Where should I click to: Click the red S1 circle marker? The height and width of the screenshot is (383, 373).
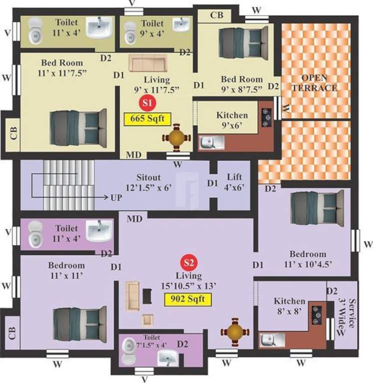click(147, 103)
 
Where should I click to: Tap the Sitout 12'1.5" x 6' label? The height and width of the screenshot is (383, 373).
click(155, 182)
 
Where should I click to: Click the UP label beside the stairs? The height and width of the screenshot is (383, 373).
click(116, 197)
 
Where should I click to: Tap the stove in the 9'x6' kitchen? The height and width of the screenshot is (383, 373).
click(266, 115)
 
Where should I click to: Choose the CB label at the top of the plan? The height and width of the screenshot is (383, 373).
click(216, 15)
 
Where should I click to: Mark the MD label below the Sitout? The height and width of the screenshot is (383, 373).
click(133, 218)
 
